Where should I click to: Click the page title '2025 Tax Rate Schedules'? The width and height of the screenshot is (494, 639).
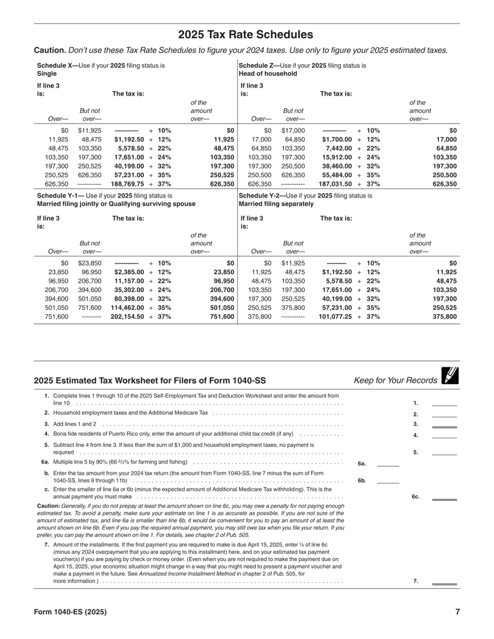point(246,35)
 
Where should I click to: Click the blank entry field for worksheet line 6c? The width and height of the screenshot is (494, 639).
point(444,496)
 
